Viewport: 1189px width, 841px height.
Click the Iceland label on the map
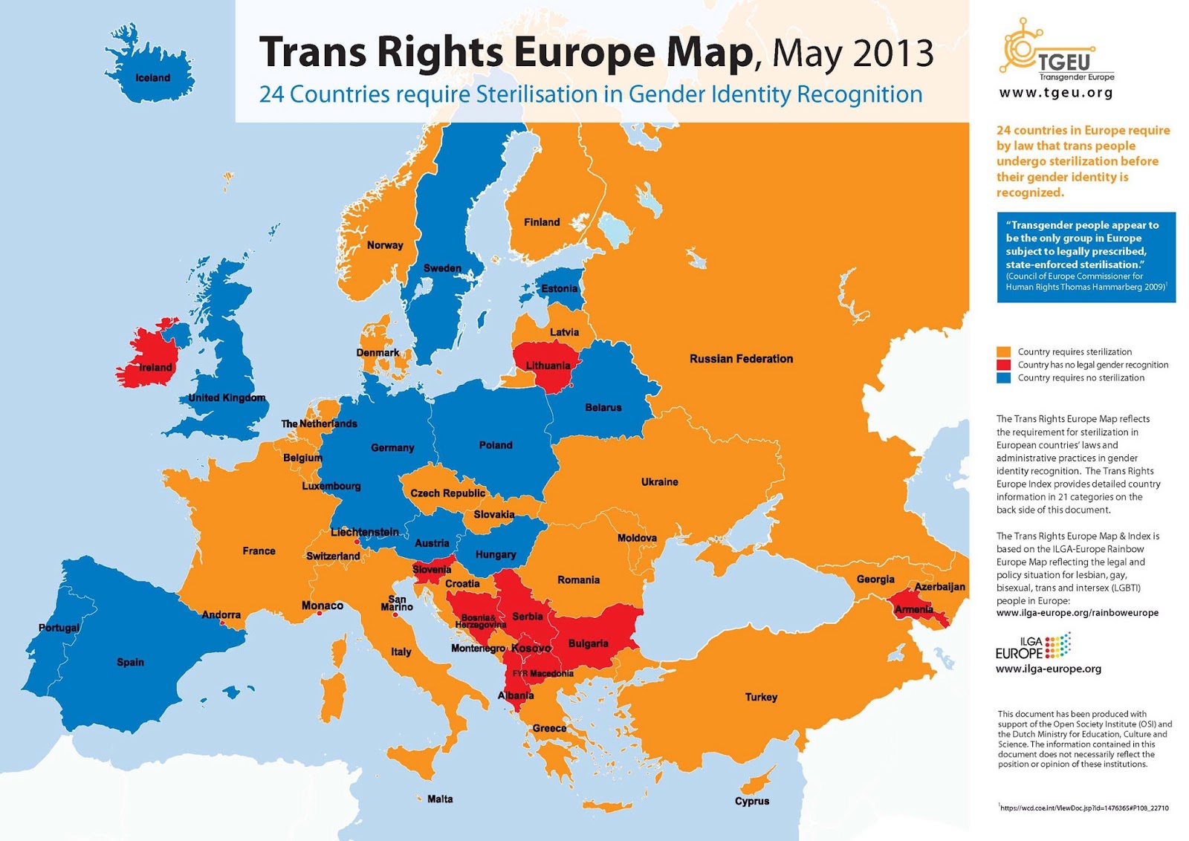[x=152, y=78]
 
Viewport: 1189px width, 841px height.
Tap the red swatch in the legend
[x=1003, y=365]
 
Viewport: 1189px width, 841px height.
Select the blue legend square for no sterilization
[x=1003, y=377]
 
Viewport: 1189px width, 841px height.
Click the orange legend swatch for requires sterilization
[x=1003, y=351]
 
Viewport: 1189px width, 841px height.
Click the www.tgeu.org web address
[x=1056, y=93]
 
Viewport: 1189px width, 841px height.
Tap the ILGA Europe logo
[x=1033, y=646]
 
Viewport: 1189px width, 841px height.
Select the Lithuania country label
[x=548, y=366]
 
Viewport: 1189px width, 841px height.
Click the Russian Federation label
[x=741, y=359]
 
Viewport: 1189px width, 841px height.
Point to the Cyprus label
[x=752, y=801]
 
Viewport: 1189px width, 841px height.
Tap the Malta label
[x=440, y=799]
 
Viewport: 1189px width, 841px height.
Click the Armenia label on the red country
[x=914, y=610]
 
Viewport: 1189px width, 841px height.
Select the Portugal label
[x=59, y=628]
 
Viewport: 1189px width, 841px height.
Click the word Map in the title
[x=707, y=52]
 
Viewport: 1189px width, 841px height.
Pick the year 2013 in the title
[x=892, y=53]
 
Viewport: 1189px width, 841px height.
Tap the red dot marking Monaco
[x=319, y=614]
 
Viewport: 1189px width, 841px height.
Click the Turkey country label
[x=761, y=697]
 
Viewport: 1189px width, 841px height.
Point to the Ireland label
[x=155, y=367]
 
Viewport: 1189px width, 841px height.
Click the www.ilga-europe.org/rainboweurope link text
[x=1077, y=613]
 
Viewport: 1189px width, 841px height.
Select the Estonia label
[x=559, y=288]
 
